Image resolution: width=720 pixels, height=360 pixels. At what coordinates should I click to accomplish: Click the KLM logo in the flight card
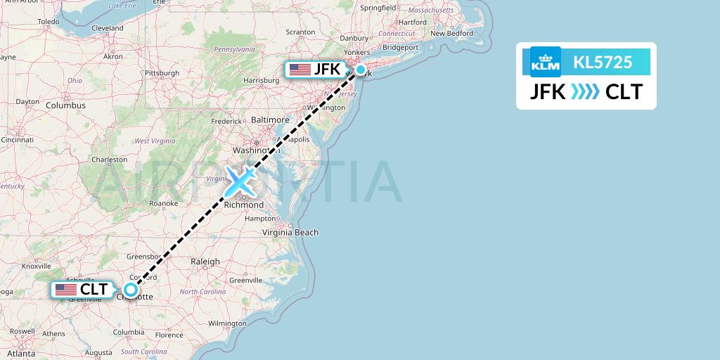546,62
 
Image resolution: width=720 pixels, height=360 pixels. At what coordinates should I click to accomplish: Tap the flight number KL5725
603,62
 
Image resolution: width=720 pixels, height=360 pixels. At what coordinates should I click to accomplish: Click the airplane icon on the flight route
240,181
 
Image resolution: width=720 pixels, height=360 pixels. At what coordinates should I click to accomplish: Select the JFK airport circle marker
361,70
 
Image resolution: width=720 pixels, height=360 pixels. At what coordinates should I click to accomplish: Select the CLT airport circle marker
131,289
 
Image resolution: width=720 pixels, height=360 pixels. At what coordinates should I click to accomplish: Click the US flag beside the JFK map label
300,70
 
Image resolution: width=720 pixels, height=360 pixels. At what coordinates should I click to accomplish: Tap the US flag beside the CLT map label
66,289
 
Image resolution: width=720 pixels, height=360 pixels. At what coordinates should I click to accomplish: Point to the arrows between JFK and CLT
585,92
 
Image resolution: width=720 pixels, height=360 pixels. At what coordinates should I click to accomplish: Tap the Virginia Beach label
290,232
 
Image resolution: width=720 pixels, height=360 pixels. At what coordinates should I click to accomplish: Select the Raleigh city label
205,262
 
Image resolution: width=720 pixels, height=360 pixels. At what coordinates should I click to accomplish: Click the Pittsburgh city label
162,72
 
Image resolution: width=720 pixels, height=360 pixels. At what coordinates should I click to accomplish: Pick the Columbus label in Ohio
65,105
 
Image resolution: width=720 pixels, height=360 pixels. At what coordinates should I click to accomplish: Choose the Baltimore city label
270,120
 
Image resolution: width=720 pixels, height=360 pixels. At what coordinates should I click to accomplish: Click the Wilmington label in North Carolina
227,323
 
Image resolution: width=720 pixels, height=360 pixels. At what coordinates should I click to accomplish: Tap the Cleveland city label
108,28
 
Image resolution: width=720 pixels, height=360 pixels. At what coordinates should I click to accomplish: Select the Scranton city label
300,32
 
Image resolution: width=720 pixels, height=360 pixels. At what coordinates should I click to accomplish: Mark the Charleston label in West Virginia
109,160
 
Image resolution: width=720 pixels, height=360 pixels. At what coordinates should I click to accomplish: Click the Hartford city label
413,22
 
